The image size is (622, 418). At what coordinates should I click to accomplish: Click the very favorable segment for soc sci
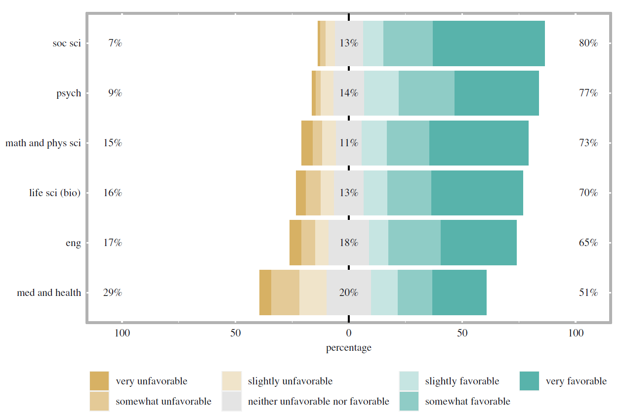[489, 43]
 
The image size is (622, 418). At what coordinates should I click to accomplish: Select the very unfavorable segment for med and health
[265, 293]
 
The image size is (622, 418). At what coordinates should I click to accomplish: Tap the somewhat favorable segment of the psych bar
[426, 93]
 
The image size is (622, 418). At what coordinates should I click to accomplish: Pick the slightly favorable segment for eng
[378, 243]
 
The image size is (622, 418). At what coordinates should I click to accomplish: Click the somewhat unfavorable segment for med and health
[285, 293]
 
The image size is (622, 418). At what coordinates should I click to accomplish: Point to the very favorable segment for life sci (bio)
[477, 193]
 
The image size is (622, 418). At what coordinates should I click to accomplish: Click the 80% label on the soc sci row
[588, 43]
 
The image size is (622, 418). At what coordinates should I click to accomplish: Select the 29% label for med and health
[112, 293]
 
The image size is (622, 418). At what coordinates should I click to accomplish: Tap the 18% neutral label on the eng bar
[348, 243]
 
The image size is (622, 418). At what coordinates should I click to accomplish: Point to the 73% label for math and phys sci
[588, 143]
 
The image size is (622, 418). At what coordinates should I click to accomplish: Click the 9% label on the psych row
[115, 93]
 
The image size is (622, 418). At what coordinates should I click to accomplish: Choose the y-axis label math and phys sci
[43, 143]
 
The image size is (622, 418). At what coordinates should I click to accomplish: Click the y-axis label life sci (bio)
[55, 193]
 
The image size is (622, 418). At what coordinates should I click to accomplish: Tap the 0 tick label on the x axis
[349, 333]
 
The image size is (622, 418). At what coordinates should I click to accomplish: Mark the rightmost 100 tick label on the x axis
[576, 333]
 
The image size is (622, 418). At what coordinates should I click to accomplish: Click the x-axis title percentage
[348, 348]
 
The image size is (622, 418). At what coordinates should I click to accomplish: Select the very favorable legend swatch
[529, 381]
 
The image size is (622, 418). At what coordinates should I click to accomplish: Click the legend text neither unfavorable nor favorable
[318, 401]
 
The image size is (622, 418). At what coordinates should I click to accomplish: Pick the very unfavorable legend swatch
[99, 381]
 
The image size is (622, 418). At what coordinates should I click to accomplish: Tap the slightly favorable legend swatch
[409, 381]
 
